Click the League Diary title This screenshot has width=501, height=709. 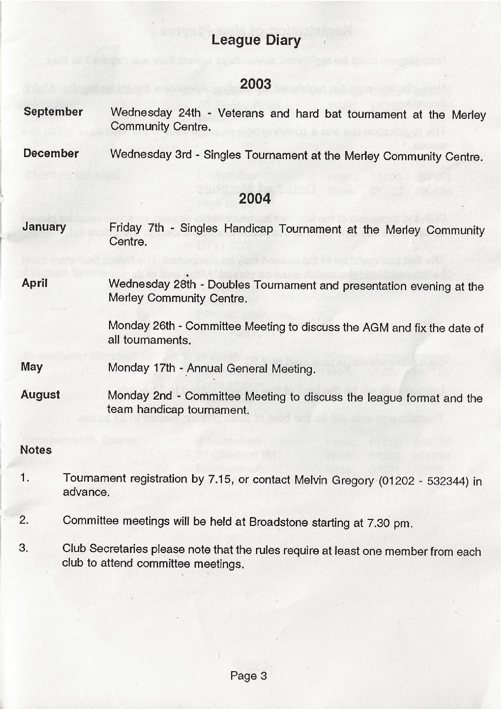point(256,41)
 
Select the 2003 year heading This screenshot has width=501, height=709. point(255,84)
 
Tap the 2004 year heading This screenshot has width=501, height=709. point(254,198)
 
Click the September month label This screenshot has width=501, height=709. point(53,112)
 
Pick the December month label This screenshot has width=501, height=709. point(51,153)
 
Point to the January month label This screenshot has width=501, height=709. point(44,227)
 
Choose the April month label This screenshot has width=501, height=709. point(35,283)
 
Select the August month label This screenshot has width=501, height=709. point(40,395)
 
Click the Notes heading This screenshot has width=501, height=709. point(36,450)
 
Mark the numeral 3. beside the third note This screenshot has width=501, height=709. point(24,548)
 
